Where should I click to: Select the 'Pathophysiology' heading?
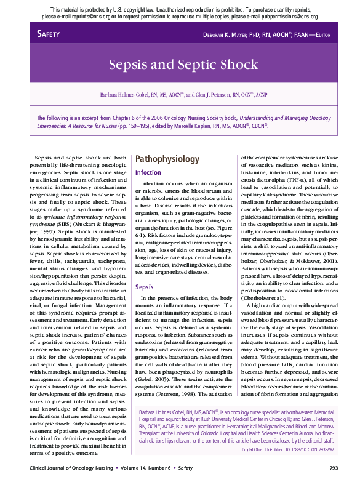point(167,159)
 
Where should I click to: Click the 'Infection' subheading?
point(148,172)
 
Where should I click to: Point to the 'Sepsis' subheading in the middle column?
point(145,287)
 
